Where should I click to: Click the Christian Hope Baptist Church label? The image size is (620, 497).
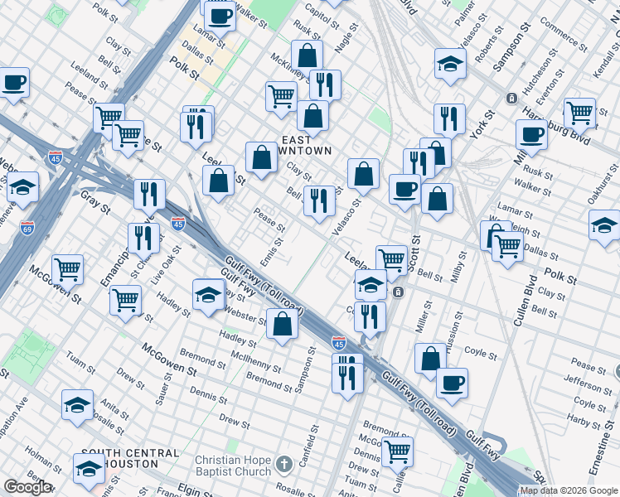[x=233, y=466]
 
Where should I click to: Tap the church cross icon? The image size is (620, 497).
[x=284, y=464]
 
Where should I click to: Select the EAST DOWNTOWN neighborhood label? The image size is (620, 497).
[x=307, y=145]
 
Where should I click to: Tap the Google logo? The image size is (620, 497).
[x=27, y=487]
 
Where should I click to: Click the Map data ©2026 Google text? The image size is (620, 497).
[x=568, y=490]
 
